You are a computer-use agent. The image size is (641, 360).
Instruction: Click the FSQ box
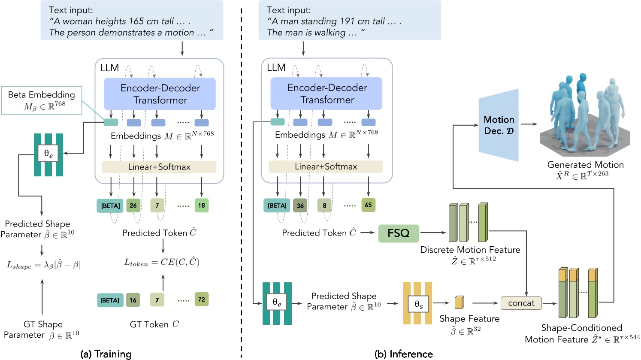pyautogui.click(x=398, y=233)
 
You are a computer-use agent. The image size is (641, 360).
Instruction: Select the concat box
pyautogui.click(x=521, y=303)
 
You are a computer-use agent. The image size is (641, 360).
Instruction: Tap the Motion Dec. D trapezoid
pyautogui.click(x=499, y=125)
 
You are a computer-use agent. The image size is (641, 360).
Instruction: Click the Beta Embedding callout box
pyautogui.click(x=42, y=100)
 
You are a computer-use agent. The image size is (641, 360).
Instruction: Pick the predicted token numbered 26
pyautogui.click(x=133, y=206)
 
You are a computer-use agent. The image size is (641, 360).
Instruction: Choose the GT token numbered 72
pyautogui.click(x=201, y=299)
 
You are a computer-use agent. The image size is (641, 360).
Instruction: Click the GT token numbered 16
pyautogui.click(x=133, y=300)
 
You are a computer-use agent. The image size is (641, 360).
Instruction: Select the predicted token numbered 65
pyautogui.click(x=368, y=205)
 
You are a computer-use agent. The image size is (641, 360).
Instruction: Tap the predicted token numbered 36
pyautogui.click(x=300, y=206)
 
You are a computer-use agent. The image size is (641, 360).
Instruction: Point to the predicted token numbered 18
pyautogui.click(x=201, y=206)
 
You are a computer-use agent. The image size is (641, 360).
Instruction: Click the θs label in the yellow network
pyautogui.click(x=418, y=306)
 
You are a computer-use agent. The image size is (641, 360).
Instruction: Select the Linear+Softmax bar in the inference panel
pyautogui.click(x=326, y=166)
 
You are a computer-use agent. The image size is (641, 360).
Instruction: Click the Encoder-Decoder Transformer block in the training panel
pyautogui.click(x=160, y=94)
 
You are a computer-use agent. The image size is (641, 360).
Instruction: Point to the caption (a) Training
pyautogui.click(x=106, y=354)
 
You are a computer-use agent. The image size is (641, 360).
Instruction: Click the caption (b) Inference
pyautogui.click(x=404, y=354)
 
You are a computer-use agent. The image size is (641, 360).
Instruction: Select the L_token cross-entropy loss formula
pyautogui.click(x=162, y=263)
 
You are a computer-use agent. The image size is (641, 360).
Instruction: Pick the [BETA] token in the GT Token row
pyautogui.click(x=110, y=300)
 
